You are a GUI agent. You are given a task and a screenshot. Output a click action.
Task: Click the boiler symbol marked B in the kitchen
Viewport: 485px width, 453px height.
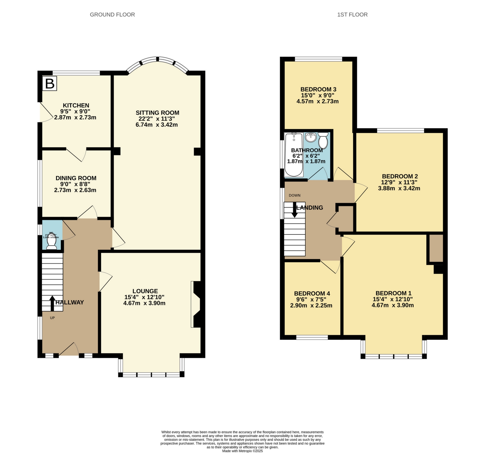coord(50,83)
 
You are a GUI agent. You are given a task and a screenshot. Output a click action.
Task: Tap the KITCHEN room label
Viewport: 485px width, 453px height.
coord(76,105)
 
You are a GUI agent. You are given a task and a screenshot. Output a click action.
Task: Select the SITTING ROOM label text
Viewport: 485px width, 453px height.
coord(157,113)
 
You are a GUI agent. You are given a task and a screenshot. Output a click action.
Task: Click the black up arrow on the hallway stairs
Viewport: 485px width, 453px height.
coord(52,303)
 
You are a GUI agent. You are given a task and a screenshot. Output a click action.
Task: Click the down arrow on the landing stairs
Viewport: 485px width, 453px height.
coord(295,210)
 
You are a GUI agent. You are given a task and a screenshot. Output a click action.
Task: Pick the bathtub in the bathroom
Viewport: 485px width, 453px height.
coord(294,155)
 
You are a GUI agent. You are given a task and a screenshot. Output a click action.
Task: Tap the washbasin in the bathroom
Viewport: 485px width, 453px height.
coord(310,138)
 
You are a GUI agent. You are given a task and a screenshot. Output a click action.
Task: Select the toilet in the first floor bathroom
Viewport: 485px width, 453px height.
coord(323,141)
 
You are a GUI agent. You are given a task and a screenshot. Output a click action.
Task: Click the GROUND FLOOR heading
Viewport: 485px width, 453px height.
coord(112,15)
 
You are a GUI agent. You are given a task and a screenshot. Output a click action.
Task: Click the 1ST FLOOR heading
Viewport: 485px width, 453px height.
coord(352,15)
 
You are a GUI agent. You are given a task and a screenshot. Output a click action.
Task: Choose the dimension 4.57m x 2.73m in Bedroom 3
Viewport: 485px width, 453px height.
coord(317,102)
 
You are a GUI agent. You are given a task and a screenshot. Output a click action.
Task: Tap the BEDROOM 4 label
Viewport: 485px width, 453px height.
coord(312,293)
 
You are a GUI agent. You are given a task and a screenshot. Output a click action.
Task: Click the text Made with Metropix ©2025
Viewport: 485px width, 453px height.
coord(242,451)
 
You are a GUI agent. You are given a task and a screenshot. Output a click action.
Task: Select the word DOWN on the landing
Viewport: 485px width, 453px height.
coord(295,195)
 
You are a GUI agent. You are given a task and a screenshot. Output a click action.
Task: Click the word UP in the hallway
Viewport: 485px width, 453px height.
coord(52,318)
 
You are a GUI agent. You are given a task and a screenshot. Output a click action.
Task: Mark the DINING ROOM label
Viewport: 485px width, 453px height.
coord(76,178)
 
